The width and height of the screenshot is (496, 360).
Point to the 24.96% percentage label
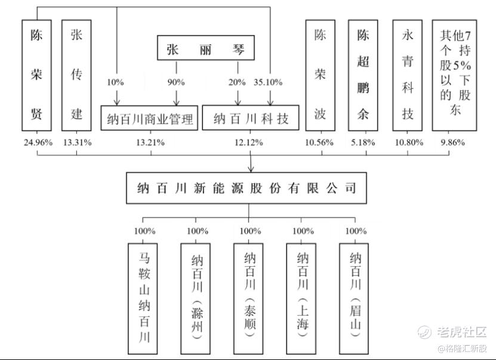click(x=38, y=143)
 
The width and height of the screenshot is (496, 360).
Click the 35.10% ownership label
click(x=268, y=82)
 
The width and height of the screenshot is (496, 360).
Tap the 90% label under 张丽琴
click(x=176, y=82)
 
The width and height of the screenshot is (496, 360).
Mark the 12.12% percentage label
click(x=249, y=143)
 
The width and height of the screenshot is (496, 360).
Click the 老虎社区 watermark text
click(x=462, y=332)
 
